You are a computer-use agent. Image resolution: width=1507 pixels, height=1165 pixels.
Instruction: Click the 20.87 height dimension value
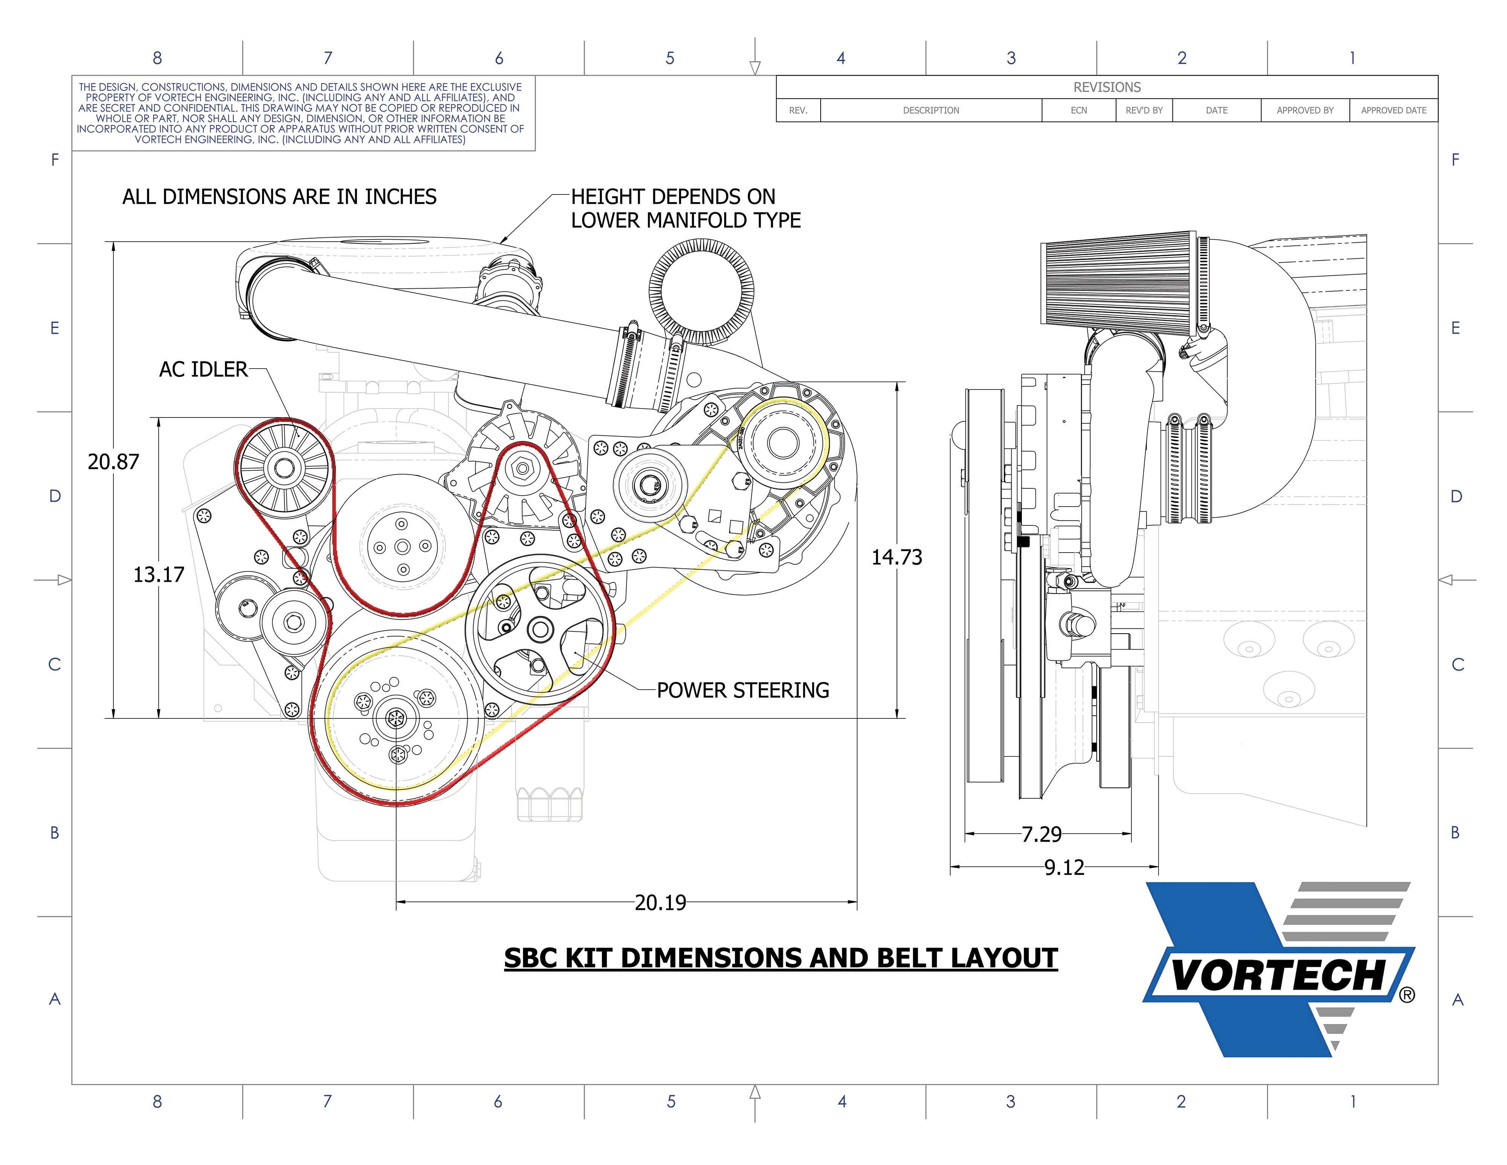pos(113,462)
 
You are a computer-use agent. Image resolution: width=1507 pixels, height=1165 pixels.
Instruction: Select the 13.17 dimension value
pos(159,574)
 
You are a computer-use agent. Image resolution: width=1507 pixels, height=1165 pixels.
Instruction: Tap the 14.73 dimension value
pos(896,557)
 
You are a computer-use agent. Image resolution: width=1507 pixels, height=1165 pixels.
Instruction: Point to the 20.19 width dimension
pos(660,903)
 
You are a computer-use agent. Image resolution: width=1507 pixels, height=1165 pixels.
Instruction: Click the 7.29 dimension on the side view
pos(1041,834)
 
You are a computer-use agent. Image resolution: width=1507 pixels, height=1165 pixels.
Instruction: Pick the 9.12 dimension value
pos(1064,868)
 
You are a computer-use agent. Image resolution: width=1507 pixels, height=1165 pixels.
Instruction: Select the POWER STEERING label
pos(743,690)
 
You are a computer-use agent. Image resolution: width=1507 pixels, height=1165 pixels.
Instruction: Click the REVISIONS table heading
pos(1107,88)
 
